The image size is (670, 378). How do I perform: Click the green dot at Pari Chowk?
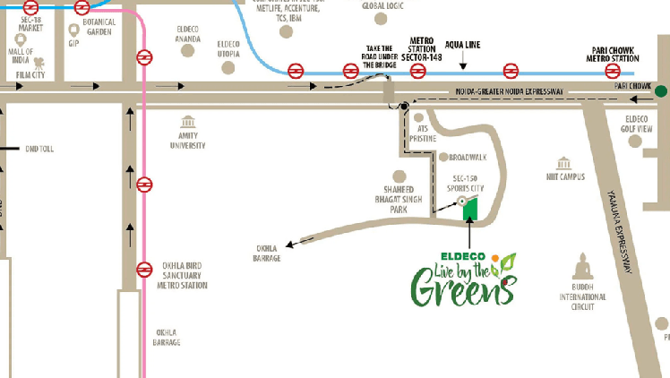661,90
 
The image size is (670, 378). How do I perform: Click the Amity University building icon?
187,122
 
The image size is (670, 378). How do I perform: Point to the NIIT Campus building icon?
564,162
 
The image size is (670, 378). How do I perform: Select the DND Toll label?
39,149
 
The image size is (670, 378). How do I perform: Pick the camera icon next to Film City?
39,64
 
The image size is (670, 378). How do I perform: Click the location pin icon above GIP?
74,30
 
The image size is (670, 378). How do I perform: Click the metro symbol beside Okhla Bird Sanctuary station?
144,269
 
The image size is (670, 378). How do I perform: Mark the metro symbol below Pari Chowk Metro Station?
614,71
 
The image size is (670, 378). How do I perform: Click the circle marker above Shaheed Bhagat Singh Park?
398,177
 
